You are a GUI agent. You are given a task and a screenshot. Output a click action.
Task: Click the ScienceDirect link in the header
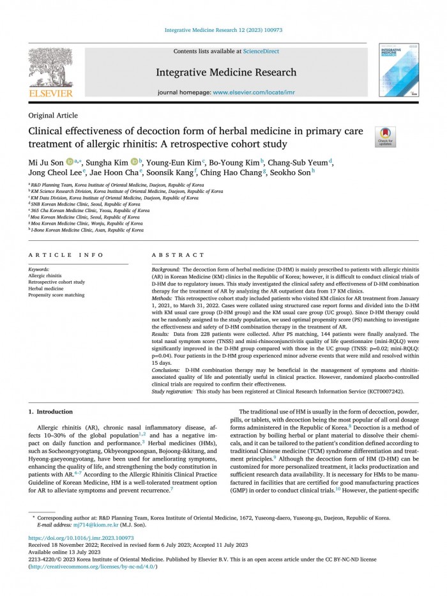click(262, 51)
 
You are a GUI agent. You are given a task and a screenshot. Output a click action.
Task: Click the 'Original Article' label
click(54, 116)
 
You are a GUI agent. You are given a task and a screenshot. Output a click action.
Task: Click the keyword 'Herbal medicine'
click(47, 289)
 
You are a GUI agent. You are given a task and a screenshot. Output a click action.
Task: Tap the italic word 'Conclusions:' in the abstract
click(166, 370)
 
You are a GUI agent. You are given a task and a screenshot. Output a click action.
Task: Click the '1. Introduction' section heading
click(51, 411)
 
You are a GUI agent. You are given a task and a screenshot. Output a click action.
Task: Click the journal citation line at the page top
click(223, 30)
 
